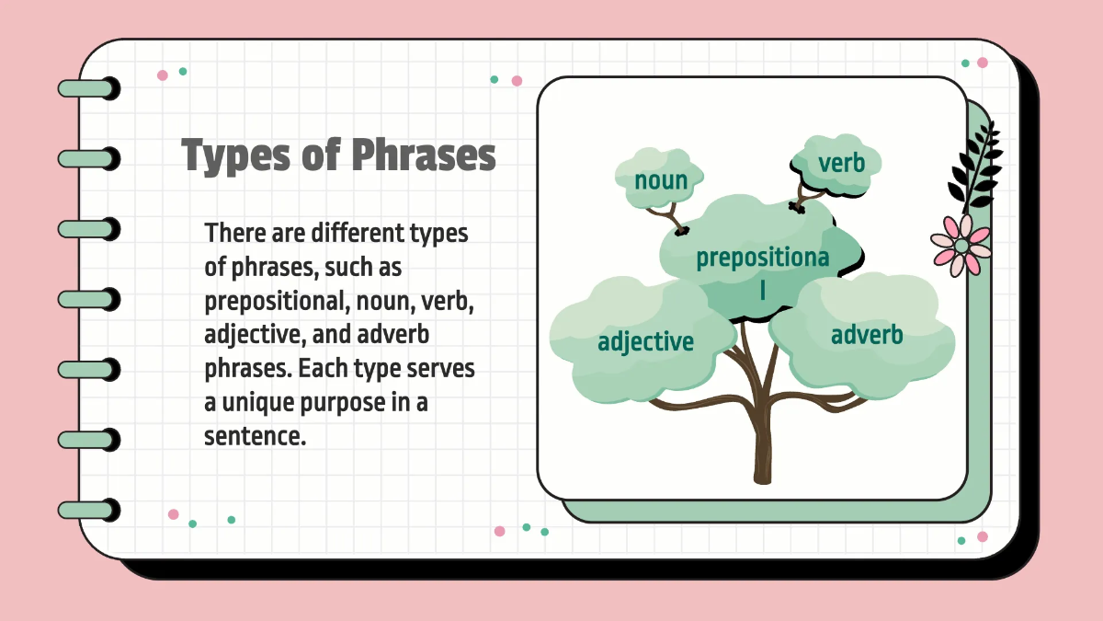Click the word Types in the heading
(x=233, y=156)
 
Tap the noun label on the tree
(x=660, y=179)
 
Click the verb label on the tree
(x=841, y=164)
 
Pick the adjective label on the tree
(x=645, y=342)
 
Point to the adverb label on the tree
(x=866, y=335)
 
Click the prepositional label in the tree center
(x=762, y=259)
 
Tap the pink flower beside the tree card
(x=961, y=246)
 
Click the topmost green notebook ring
(x=88, y=88)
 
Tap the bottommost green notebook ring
(x=88, y=510)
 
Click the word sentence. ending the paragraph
(x=255, y=436)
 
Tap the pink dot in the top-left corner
(x=163, y=75)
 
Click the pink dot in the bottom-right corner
(x=983, y=536)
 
